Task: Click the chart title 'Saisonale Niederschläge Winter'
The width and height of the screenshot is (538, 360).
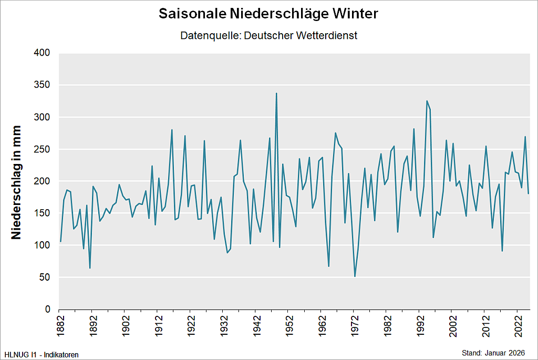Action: tap(268, 14)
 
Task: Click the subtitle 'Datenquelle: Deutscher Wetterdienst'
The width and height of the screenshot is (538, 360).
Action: tap(268, 36)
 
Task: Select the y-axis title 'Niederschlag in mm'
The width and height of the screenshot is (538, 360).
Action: tap(16, 182)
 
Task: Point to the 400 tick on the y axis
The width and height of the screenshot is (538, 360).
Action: tap(42, 53)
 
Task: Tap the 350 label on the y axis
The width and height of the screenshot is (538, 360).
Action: tap(42, 85)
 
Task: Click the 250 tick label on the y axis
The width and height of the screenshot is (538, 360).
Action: tap(42, 149)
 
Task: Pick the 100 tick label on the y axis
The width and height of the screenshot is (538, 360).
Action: tap(42, 245)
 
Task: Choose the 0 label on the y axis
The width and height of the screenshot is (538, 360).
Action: tap(47, 310)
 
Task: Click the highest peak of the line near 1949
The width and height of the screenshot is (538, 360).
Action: tap(276, 94)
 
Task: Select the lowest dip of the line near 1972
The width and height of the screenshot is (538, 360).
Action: tap(355, 276)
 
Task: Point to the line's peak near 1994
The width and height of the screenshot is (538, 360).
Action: tap(427, 101)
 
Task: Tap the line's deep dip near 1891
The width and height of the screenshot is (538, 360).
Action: tap(90, 268)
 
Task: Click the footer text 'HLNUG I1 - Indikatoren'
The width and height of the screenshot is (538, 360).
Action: tap(42, 355)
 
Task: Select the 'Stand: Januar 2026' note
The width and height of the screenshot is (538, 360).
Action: tap(493, 352)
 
